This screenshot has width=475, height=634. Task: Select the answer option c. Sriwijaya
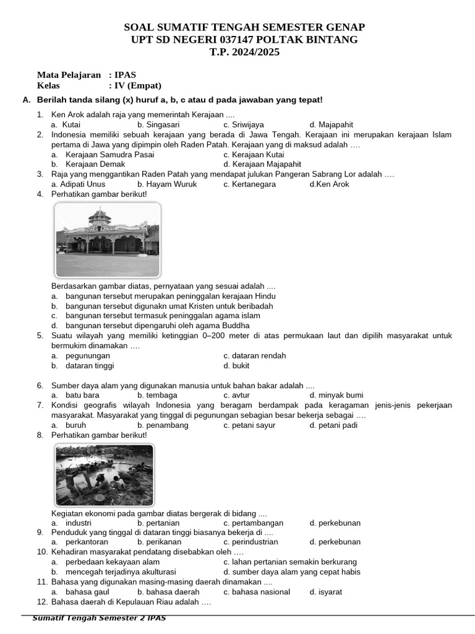244,124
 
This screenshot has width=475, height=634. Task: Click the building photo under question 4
108,240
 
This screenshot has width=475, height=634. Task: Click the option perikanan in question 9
158,542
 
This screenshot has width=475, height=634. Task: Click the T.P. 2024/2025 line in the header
244,52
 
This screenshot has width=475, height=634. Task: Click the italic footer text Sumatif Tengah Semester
99,618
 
